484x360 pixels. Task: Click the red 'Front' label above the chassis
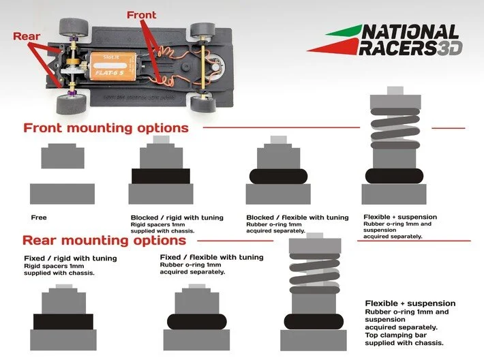click(141, 15)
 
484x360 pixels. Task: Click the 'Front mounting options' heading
click(106, 128)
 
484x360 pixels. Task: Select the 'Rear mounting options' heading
click(104, 241)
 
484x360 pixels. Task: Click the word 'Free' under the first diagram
click(39, 217)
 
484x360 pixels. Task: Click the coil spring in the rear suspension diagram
click(316, 274)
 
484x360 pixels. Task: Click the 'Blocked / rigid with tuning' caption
click(177, 217)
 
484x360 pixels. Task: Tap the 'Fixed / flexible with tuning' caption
click(211, 257)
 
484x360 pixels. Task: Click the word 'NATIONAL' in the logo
click(410, 32)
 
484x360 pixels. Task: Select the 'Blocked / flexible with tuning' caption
click(297, 217)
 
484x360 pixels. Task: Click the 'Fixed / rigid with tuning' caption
click(70, 258)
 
